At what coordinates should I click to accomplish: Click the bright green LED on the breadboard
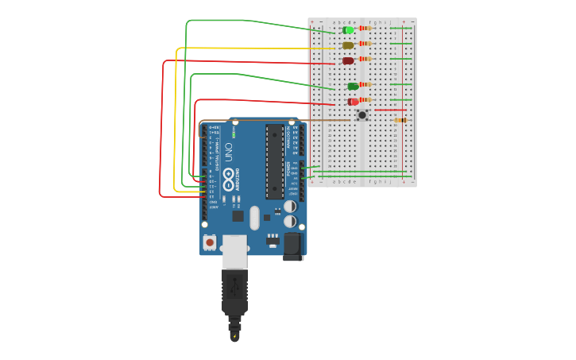point(348,30)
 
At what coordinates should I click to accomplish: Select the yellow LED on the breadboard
point(348,45)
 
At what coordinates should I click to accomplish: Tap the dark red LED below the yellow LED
point(348,60)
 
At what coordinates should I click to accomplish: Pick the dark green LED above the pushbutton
point(353,86)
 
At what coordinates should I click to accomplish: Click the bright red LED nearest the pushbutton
point(353,102)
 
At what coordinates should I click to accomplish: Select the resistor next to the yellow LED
point(365,44)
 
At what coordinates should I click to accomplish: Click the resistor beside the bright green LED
point(365,28)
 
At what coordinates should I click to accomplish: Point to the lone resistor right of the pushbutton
point(400,120)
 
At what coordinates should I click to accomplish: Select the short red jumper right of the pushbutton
point(390,110)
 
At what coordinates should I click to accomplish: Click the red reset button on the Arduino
point(210,242)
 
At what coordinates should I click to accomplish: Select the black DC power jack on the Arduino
point(293,246)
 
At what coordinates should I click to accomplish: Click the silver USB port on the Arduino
point(234,250)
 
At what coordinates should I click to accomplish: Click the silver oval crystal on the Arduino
point(254,218)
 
